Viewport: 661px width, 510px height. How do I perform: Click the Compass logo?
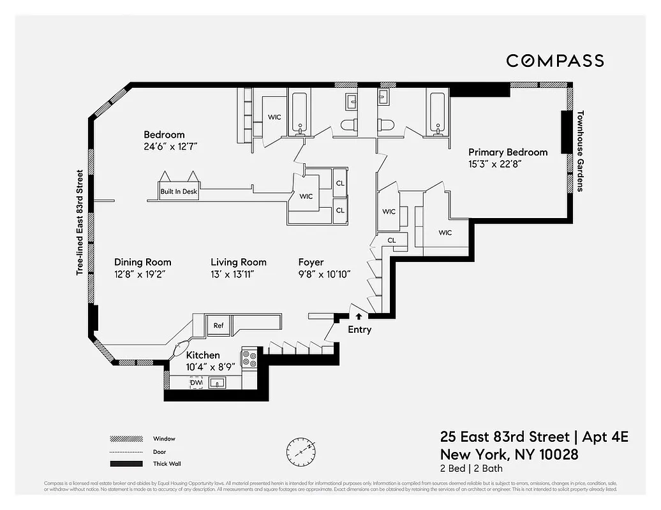coord(554,61)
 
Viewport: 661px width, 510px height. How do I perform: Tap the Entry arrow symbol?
coord(359,315)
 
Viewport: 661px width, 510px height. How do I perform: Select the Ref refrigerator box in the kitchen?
coord(219,325)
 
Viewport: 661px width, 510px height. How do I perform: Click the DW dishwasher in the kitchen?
coord(197,382)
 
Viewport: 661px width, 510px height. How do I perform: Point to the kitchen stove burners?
coord(249,358)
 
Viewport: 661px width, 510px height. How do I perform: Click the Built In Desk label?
coord(179,191)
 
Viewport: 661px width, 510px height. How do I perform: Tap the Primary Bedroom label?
coord(508,152)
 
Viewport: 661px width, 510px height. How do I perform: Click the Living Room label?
coord(239,262)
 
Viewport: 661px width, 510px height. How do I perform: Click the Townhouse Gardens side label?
coord(581,152)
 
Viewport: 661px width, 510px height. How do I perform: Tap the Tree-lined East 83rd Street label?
coord(80,222)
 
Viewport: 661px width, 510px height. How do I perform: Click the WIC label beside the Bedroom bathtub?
coord(274,117)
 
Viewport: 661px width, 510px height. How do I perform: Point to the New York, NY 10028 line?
coord(509,455)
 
